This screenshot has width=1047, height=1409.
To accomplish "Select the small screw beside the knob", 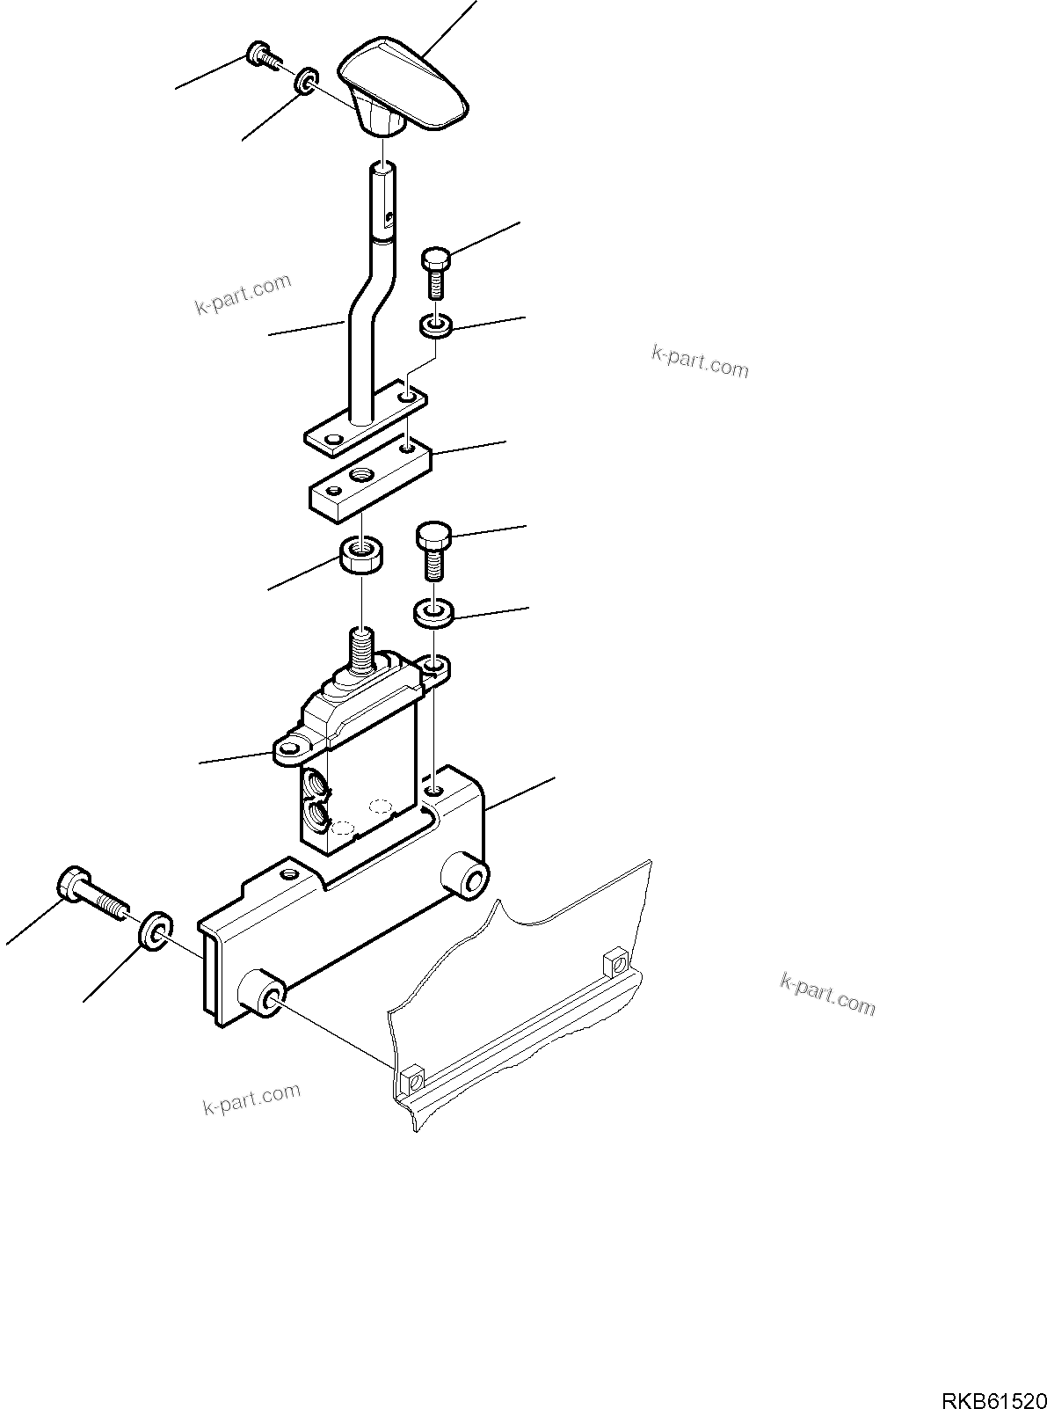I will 262,54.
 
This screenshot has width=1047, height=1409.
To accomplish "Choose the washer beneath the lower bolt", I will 432,612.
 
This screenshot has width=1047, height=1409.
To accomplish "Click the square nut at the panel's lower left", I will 410,1077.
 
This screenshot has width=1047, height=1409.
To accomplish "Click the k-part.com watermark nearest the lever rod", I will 242,296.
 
